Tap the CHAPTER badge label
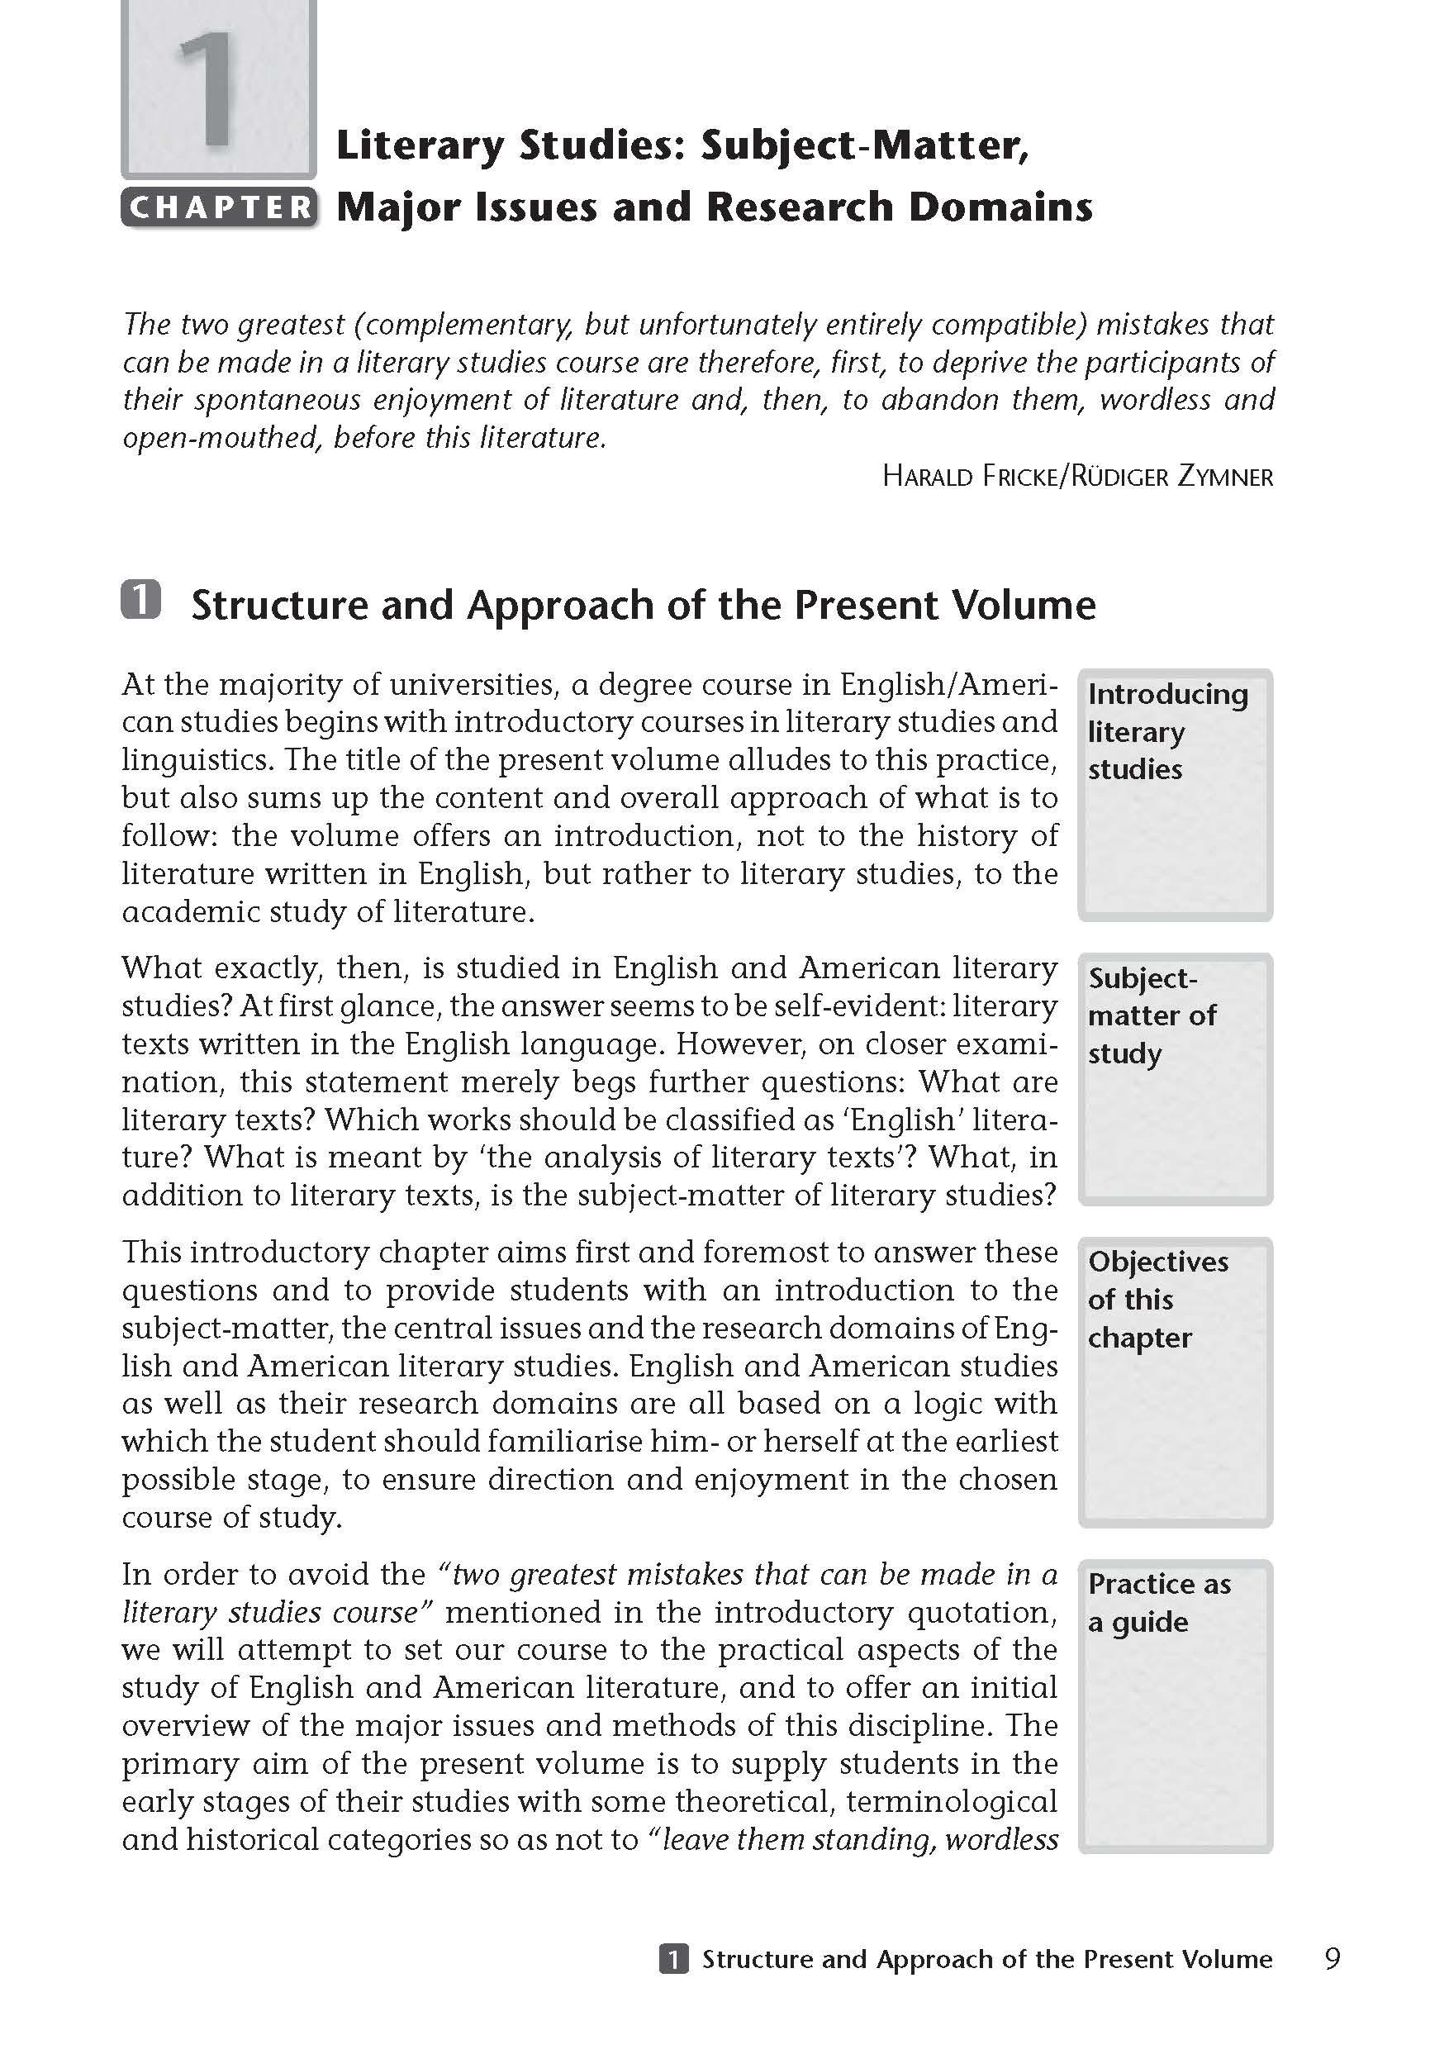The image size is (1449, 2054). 220,207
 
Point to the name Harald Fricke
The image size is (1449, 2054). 969,477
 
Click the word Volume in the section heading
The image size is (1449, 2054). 1024,606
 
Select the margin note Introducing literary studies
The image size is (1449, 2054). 1166,732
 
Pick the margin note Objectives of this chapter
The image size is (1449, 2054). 1157,1299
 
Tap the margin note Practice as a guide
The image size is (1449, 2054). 1158,1603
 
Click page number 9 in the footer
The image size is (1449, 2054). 1332,1959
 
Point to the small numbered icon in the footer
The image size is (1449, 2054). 673,1959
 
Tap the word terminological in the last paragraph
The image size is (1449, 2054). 952,1801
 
